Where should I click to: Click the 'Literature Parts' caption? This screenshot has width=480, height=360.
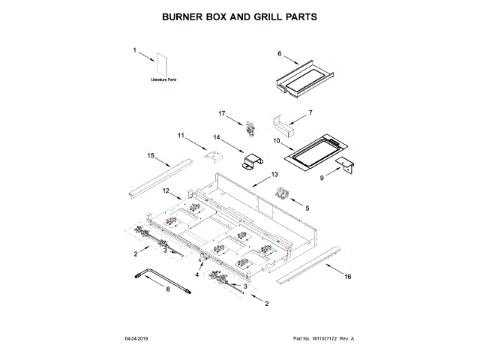coord(163,79)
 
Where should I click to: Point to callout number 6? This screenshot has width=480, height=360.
coord(279,54)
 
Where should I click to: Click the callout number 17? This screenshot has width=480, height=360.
coord(222,113)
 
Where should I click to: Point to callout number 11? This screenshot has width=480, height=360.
coord(181,136)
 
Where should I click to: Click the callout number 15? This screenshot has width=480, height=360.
coord(150,156)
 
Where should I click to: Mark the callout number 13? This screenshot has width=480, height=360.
coord(263,174)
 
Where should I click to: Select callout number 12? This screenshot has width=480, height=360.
coord(167,191)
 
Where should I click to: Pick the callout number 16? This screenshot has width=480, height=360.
coord(347,276)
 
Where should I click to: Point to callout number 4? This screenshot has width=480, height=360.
coord(198,275)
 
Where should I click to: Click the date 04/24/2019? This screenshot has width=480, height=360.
coord(138,339)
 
